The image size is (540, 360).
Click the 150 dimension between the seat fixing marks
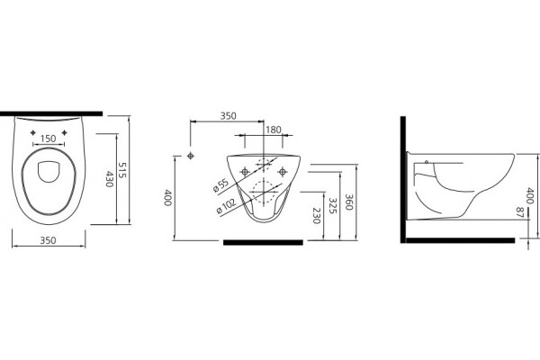tap(49, 139)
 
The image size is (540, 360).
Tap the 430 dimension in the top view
tap(109, 179)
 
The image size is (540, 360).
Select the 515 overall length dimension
tap(122, 170)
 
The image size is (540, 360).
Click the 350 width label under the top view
tap(49, 240)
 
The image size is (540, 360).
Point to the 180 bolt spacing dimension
tap(274, 130)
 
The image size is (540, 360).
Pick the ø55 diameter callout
tap(220, 186)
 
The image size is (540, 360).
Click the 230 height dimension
tap(317, 216)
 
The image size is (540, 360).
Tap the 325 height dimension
tap(332, 205)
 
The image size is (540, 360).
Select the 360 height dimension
tap(348, 202)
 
